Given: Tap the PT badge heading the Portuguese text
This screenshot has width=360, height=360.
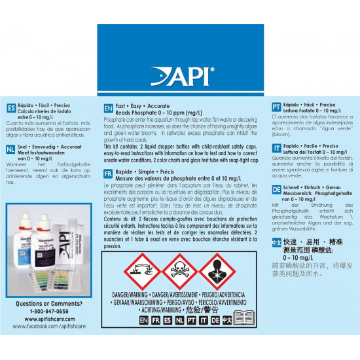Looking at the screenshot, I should click(x=277, y=107).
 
